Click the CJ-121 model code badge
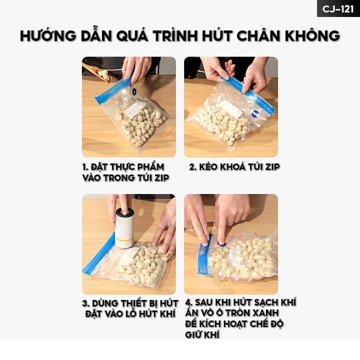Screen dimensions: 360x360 click(338, 8)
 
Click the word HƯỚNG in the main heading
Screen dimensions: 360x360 click(48, 36)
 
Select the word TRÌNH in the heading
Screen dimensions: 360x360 click(175, 35)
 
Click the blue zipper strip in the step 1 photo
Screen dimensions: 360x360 click(112, 91)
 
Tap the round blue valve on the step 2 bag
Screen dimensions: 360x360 click(255, 114)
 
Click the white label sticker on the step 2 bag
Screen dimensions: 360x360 click(230, 109)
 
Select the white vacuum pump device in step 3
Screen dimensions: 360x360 click(124, 228)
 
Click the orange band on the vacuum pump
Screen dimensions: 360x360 click(124, 239)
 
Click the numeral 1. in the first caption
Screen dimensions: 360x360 click(85, 167)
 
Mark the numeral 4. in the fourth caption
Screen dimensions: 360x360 click(188, 302)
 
